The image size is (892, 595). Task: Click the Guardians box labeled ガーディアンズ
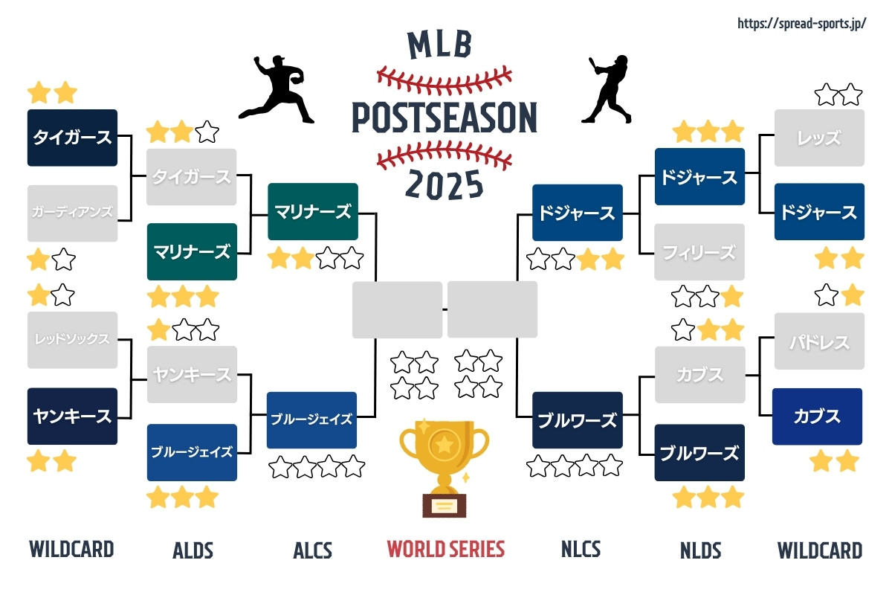pyautogui.click(x=73, y=213)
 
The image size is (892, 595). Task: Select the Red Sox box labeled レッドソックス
pyautogui.click(x=73, y=340)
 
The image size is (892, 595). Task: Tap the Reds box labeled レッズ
pyautogui.click(x=819, y=138)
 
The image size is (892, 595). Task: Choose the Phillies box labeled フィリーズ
pyautogui.click(x=699, y=252)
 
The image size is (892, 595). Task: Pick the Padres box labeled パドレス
pyautogui.click(x=819, y=341)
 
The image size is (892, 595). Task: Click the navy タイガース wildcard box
pyautogui.click(x=73, y=138)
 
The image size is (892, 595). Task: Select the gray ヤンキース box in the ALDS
pyautogui.click(x=192, y=375)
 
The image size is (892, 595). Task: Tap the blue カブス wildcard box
pyautogui.click(x=817, y=416)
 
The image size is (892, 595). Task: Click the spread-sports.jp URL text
pyautogui.click(x=801, y=24)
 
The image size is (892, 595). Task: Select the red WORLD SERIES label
pyautogui.click(x=445, y=549)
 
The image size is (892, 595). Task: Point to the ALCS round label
pyautogui.click(x=313, y=550)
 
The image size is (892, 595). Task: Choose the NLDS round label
pyautogui.click(x=700, y=550)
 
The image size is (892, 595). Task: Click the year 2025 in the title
pyautogui.click(x=444, y=184)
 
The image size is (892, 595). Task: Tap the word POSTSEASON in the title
pyautogui.click(x=445, y=118)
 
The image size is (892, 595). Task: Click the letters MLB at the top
pyautogui.click(x=440, y=45)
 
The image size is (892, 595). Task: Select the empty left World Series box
pyautogui.click(x=397, y=309)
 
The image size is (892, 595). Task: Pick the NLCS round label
pyautogui.click(x=581, y=549)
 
